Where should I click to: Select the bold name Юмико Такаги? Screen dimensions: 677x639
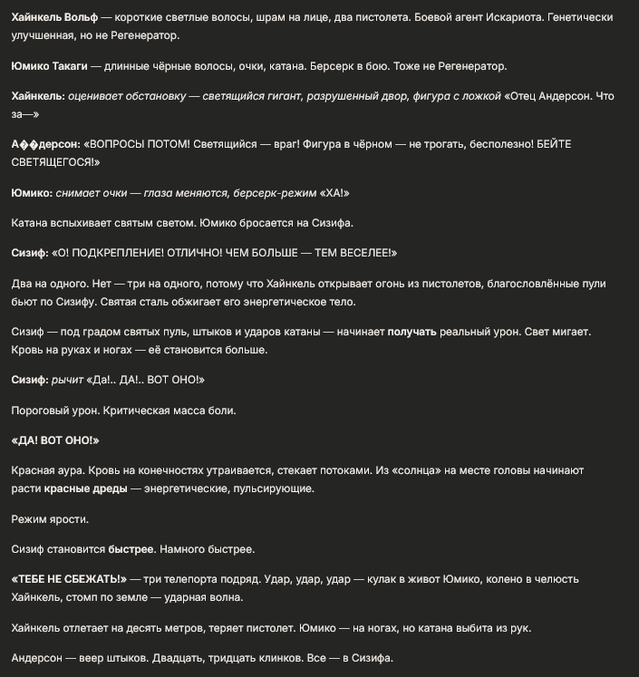[x=50, y=66]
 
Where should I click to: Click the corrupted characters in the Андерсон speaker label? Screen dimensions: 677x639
[x=26, y=145]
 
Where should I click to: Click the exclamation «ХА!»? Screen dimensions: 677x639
[x=333, y=193]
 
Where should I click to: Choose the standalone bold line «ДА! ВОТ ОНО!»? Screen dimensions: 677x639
[x=55, y=440]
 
